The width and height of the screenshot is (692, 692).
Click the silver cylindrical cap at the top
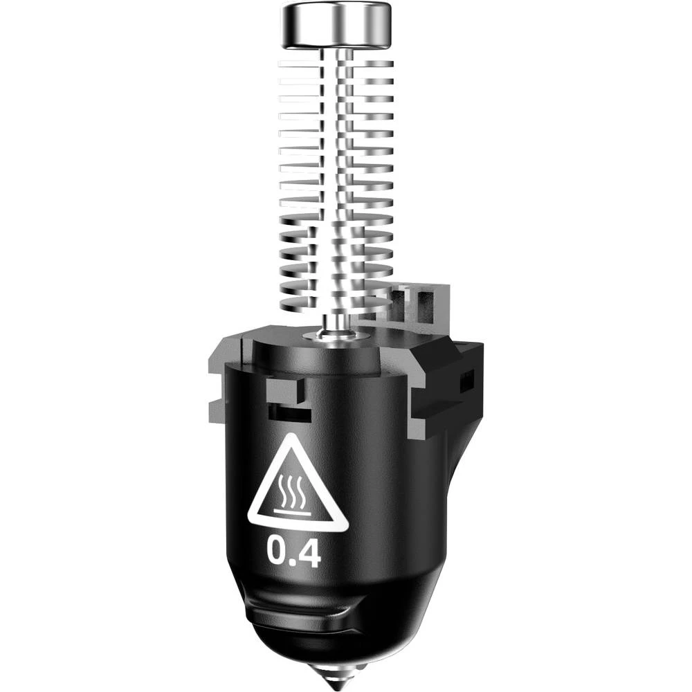coord(336,25)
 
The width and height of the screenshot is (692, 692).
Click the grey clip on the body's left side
coord(216,388)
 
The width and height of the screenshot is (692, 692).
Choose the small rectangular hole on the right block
coord(468,379)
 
